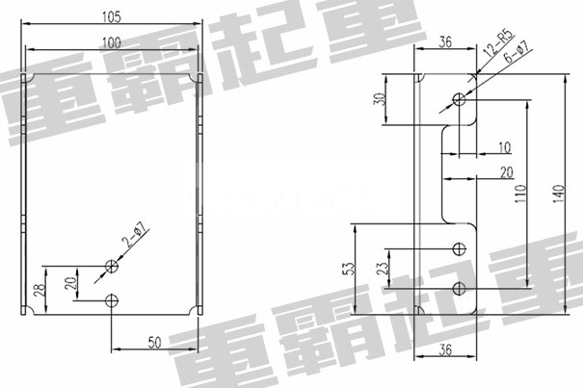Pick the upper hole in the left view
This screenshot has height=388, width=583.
113,267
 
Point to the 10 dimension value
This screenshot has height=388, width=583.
505,147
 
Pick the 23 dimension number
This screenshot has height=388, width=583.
381,268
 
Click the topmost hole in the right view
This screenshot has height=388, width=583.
460,98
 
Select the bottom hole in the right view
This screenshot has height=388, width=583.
460,289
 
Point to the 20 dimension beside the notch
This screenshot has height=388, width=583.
506,172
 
